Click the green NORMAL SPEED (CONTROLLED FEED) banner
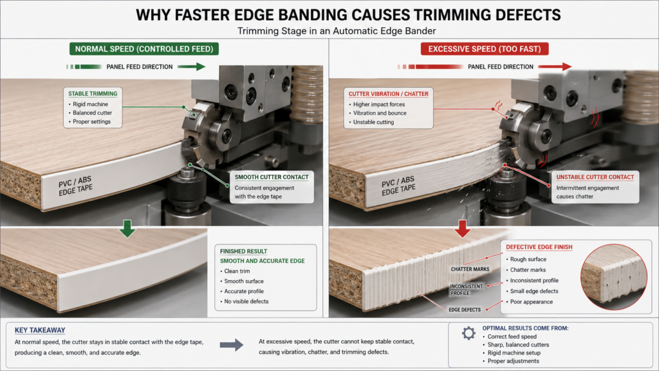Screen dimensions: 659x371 click(x=144, y=49)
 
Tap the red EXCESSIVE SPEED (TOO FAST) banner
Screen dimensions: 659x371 click(x=485, y=49)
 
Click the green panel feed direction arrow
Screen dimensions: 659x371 click(x=191, y=66)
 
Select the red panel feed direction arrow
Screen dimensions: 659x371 click(x=555, y=66)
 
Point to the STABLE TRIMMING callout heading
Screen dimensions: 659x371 click(x=93, y=94)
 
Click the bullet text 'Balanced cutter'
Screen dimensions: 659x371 click(x=93, y=113)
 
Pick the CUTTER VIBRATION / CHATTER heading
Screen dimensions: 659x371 click(x=388, y=94)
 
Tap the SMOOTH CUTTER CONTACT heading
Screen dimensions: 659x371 click(x=272, y=177)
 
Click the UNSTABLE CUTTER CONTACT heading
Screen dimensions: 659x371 click(x=595, y=177)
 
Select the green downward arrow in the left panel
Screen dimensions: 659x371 click(x=127, y=229)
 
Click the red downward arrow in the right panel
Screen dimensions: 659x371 click(x=462, y=229)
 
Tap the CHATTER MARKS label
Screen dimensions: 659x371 click(x=470, y=269)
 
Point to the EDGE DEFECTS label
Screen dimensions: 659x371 click(x=465, y=310)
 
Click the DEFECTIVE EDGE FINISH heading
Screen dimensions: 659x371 click(x=539, y=247)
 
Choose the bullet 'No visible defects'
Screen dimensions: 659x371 click(x=246, y=301)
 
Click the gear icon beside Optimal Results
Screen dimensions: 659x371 click(x=469, y=333)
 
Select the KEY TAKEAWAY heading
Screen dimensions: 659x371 click(x=40, y=330)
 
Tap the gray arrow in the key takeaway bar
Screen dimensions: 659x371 click(x=232, y=345)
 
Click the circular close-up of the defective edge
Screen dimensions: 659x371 click(x=613, y=277)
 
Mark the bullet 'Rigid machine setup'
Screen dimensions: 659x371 click(x=514, y=353)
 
